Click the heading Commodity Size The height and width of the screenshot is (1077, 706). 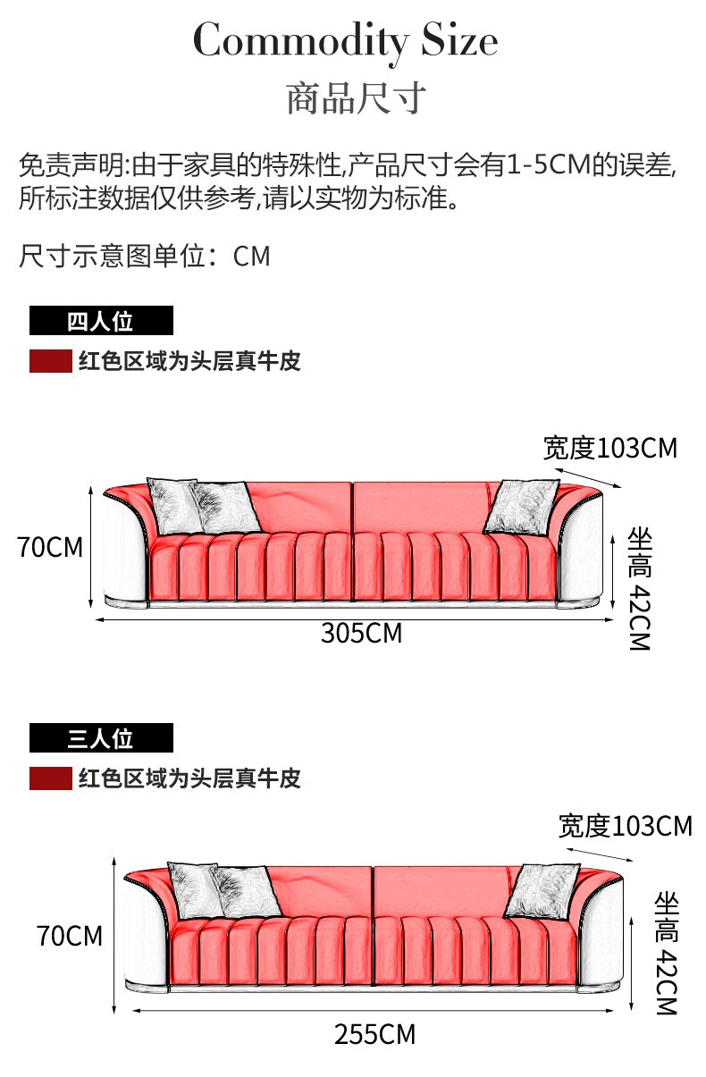[345, 40]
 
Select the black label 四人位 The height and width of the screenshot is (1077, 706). [100, 321]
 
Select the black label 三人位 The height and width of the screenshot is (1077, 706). [100, 738]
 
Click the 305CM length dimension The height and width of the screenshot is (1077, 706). [362, 633]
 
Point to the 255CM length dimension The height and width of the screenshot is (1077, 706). [375, 1034]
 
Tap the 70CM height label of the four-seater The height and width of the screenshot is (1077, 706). [50, 547]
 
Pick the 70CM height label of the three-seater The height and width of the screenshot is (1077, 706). [70, 936]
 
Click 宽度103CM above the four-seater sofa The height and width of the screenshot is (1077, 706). [610, 447]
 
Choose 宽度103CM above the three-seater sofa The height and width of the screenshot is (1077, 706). [626, 825]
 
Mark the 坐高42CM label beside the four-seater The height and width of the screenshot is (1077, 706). [640, 587]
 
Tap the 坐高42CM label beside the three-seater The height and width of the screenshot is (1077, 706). [667, 953]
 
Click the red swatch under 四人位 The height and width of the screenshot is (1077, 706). [50, 361]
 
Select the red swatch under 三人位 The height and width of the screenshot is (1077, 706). [50, 778]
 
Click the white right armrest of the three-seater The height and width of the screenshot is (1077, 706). [604, 934]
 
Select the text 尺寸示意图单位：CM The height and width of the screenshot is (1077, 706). [144, 257]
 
